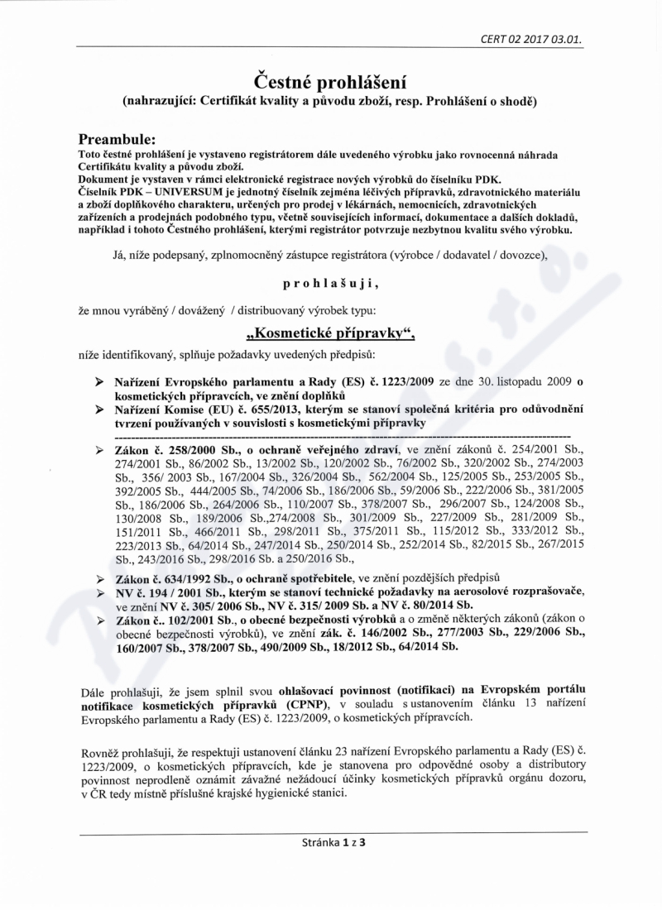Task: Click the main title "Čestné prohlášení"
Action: click(x=331, y=81)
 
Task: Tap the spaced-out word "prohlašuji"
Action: click(x=331, y=283)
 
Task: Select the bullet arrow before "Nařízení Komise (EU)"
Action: click(x=98, y=409)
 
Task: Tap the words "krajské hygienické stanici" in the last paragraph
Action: click(x=271, y=792)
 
